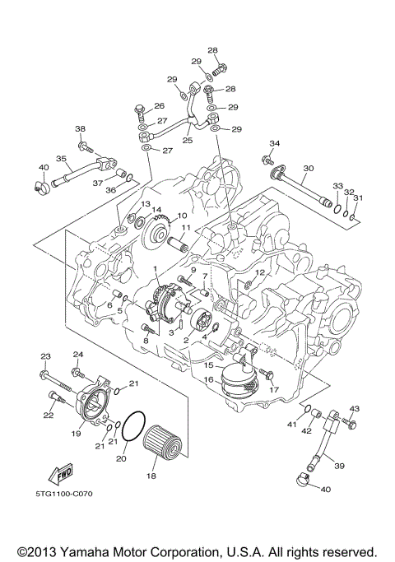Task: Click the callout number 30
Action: click(x=308, y=168)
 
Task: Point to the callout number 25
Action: click(x=187, y=141)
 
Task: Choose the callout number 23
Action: click(x=45, y=355)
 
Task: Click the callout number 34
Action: click(x=275, y=143)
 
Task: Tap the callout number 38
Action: click(x=81, y=129)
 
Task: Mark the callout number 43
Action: click(x=355, y=409)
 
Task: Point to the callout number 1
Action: click(x=154, y=269)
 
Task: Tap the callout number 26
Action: click(x=160, y=105)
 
